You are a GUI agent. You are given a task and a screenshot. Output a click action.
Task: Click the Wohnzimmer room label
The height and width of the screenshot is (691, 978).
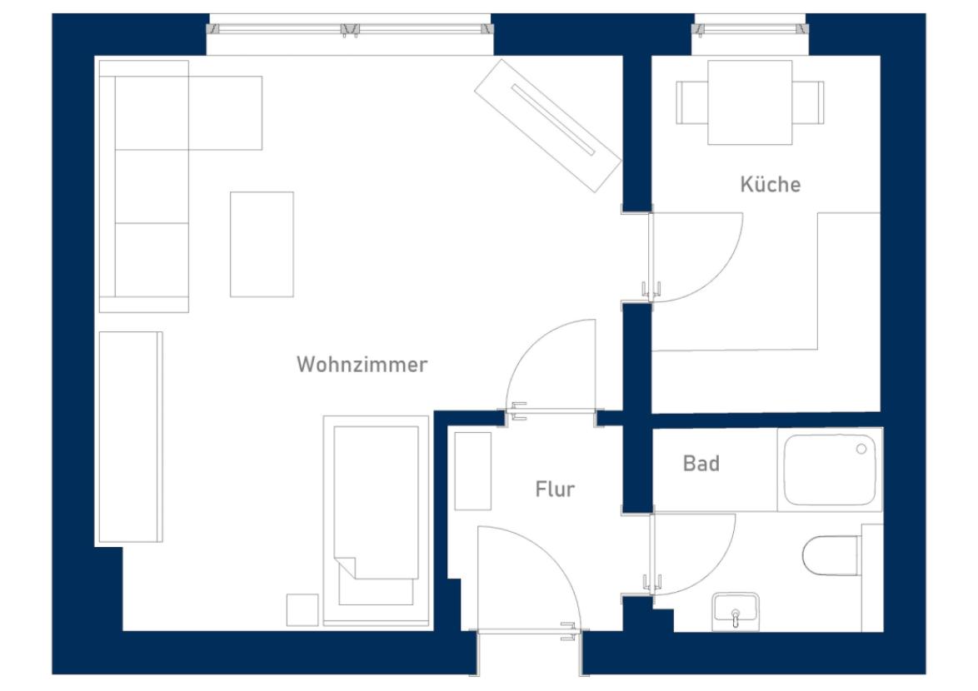coord(362,365)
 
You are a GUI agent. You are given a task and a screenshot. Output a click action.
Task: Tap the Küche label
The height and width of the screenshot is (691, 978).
coord(771,184)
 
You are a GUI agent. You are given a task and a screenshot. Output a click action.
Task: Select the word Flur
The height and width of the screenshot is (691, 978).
coord(555,490)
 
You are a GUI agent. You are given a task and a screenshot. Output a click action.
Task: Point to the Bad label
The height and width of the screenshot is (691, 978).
coord(701,464)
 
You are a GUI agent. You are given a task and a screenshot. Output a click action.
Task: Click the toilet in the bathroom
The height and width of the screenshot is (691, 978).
coord(831,555)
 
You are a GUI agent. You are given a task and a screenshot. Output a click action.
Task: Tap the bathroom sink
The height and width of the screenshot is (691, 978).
coord(736,610)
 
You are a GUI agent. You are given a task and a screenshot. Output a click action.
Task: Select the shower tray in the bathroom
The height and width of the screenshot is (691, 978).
coord(830,470)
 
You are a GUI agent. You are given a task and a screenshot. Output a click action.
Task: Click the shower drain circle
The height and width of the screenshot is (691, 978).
coord(861,450)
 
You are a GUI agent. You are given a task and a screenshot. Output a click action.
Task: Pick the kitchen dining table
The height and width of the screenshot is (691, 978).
coord(750,102)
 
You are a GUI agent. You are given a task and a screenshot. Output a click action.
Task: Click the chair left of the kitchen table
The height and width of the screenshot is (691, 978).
coord(691,102)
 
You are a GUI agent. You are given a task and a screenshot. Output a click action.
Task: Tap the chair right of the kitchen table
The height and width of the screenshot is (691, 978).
coord(808,102)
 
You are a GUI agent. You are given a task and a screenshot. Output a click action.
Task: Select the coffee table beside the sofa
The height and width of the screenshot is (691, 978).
coord(262,244)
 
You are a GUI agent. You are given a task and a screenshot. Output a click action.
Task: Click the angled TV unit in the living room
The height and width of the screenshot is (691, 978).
coord(547,125)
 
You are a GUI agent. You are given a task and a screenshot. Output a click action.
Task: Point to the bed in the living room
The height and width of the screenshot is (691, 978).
coord(376,521)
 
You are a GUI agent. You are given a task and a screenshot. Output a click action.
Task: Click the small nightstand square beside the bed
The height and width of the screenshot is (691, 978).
coord(302,610)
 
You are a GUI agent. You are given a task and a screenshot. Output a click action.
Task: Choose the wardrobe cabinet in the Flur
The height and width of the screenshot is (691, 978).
coord(473,471)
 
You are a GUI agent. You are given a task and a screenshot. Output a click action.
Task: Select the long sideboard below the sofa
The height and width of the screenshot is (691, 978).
coord(130,437)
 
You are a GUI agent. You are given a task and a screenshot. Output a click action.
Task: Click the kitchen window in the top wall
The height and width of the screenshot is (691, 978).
coord(751,28)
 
